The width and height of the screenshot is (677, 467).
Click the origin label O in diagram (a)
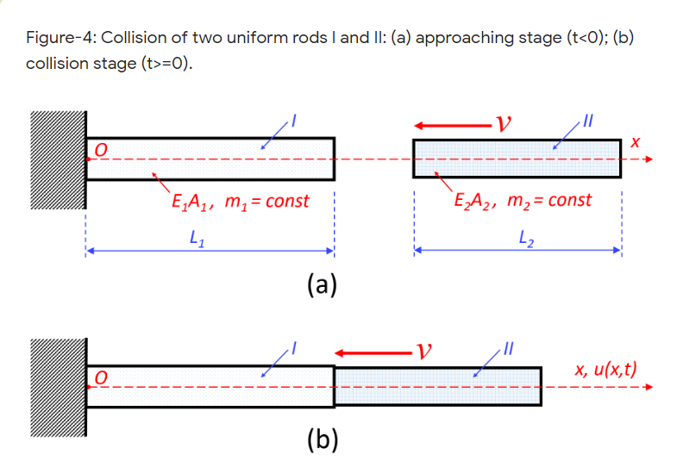click(100, 150)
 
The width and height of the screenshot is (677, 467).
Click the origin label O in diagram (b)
click(102, 378)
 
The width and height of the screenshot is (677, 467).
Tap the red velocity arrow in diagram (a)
click(448, 124)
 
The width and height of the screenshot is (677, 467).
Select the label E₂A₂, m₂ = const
click(523, 201)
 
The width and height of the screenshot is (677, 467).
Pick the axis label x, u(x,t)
click(606, 370)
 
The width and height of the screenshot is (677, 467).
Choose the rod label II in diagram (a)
click(589, 120)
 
